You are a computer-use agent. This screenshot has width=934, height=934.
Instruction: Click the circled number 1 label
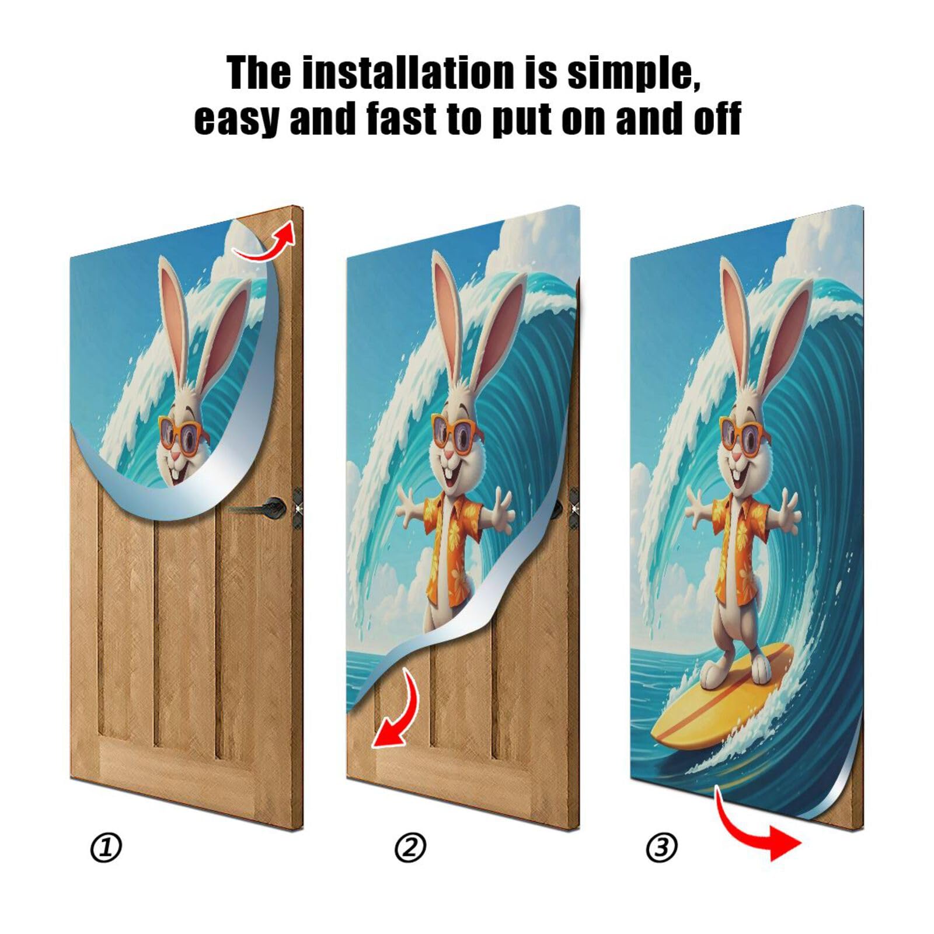pos(106,848)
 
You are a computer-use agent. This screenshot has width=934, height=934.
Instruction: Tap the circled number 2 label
pos(410,848)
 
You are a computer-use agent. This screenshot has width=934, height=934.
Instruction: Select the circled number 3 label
pos(661,848)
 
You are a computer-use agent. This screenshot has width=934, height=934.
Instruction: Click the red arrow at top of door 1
pos(266,242)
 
